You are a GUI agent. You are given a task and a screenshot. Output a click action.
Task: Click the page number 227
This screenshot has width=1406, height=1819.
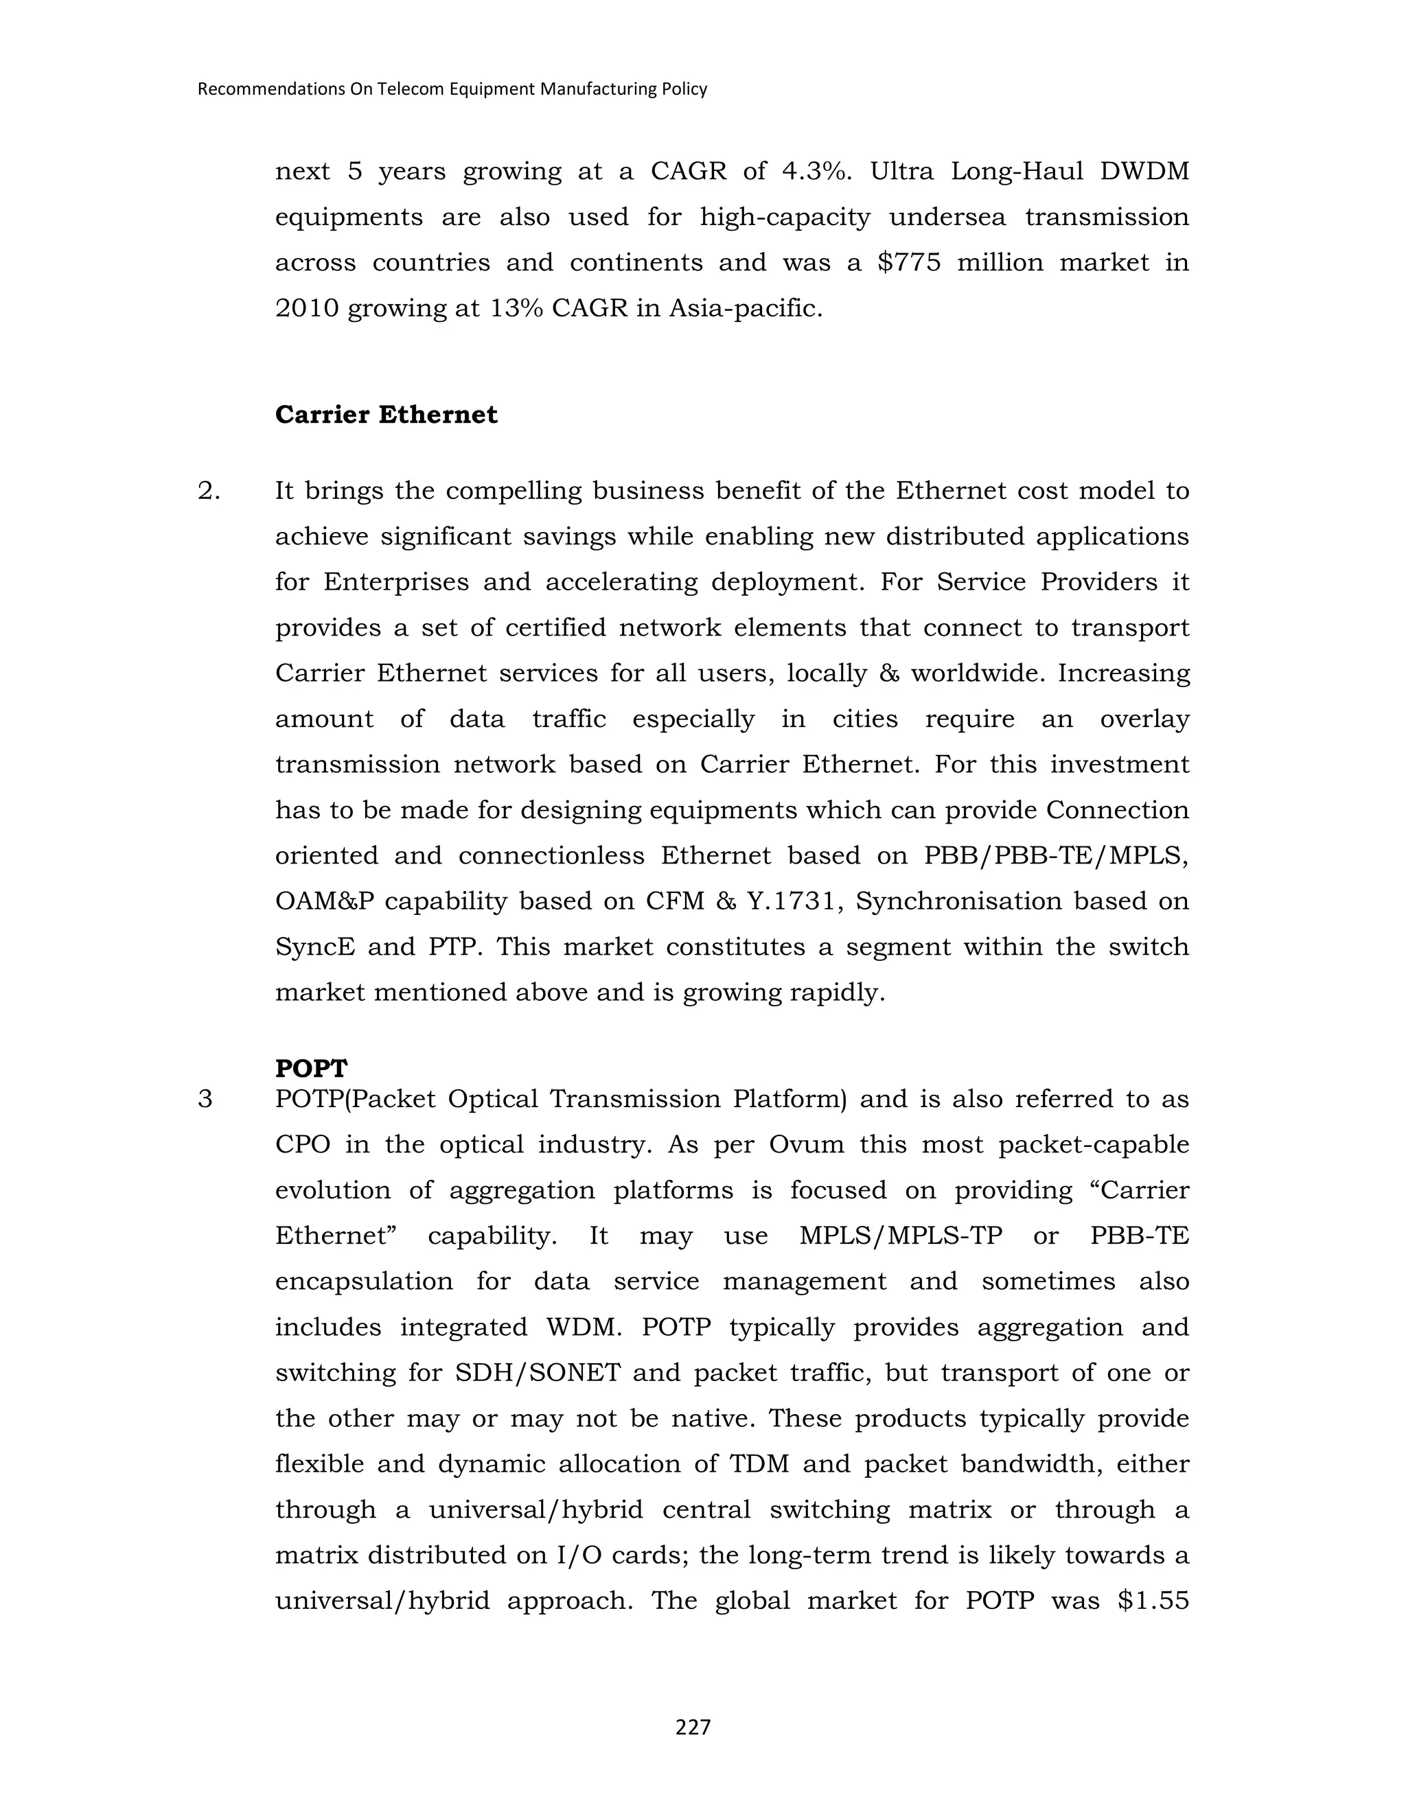coord(693,1728)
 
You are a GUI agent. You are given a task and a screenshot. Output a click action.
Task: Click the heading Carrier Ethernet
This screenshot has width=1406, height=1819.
coord(386,415)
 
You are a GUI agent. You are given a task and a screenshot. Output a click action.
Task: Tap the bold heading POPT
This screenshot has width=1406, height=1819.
coord(311,1068)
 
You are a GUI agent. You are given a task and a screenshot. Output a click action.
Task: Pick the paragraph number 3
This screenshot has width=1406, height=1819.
coord(205,1100)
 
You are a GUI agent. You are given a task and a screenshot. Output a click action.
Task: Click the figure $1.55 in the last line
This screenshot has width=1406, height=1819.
coord(1153,1601)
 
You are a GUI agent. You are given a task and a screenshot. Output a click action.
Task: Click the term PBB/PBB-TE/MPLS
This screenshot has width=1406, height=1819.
coord(1056,855)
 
